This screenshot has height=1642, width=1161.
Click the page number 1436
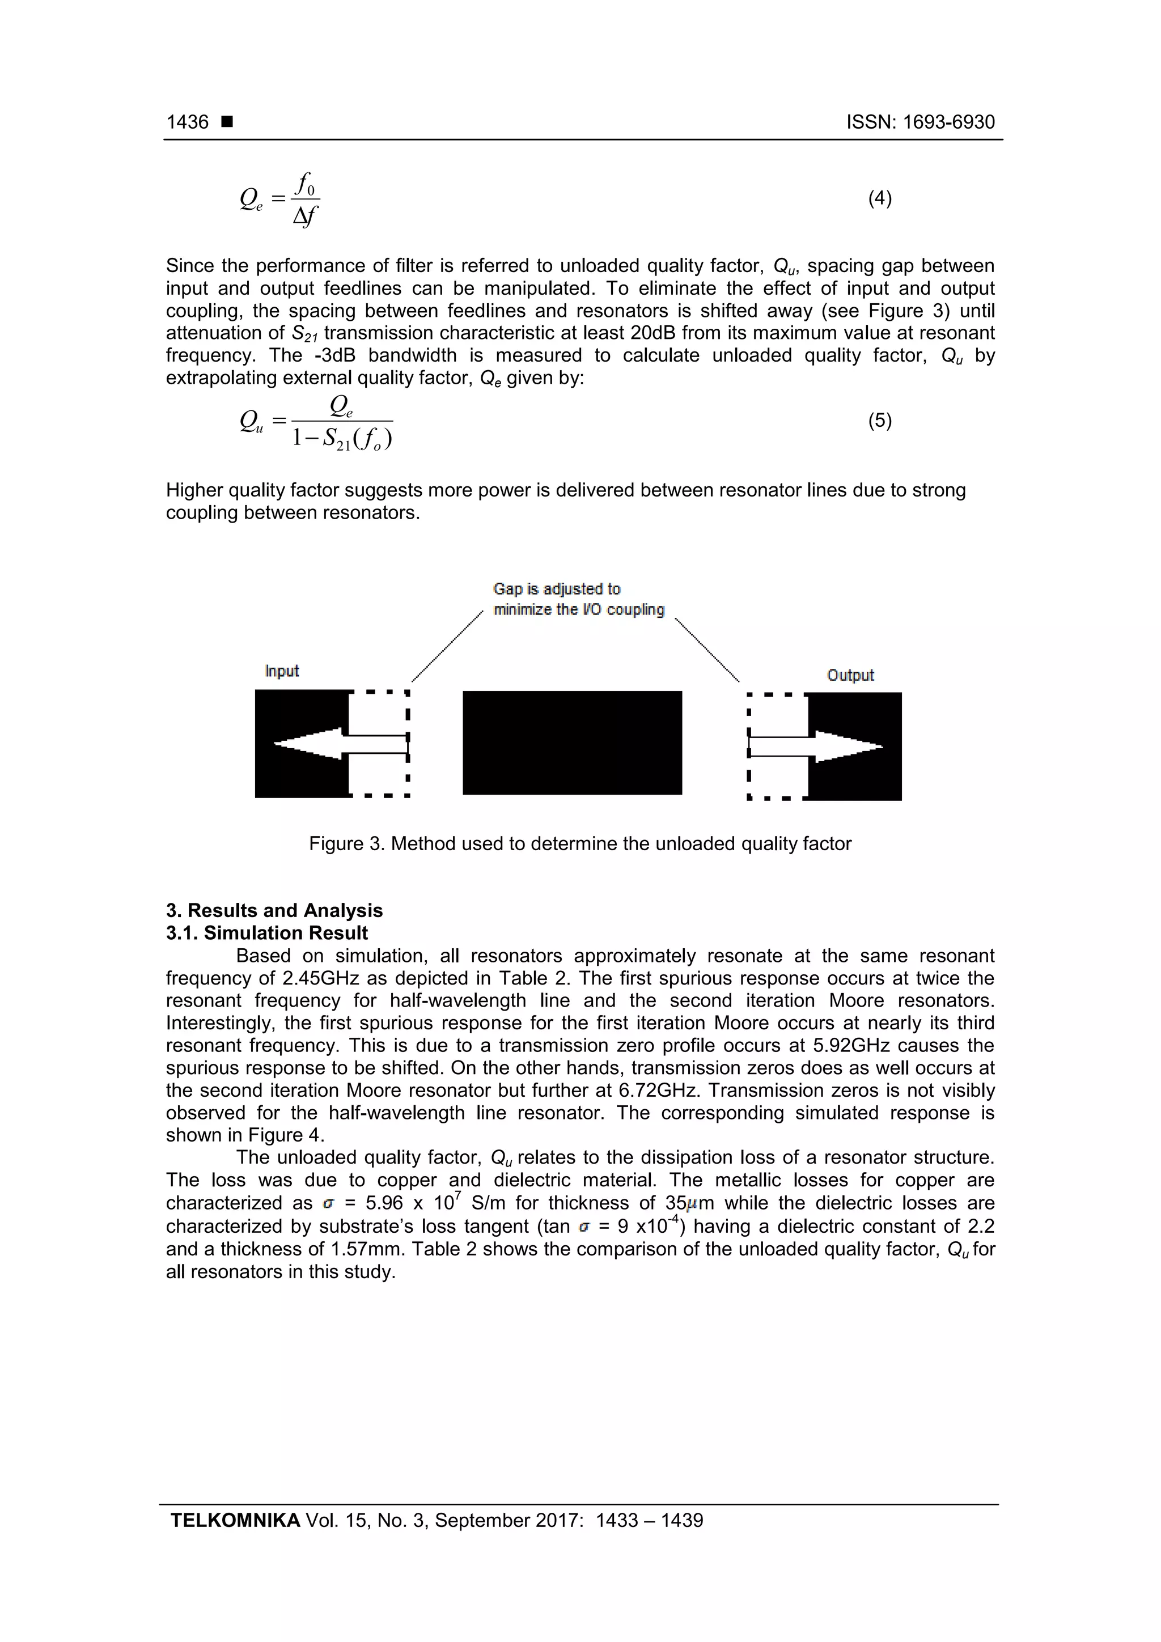[x=188, y=122]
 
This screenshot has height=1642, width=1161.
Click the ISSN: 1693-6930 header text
[x=920, y=122]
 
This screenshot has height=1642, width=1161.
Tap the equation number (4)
[x=879, y=198]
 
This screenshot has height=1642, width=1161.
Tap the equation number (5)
[x=879, y=421]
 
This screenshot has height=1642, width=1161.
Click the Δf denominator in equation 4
[x=306, y=215]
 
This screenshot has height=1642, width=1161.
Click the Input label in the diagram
[x=282, y=671]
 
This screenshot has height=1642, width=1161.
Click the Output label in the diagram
[x=850, y=675]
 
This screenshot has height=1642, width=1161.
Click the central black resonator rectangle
[x=572, y=742]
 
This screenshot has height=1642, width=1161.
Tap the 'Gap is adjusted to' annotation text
[x=557, y=589]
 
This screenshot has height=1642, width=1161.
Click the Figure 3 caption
[x=580, y=844]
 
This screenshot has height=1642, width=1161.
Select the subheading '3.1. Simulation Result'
[x=267, y=932]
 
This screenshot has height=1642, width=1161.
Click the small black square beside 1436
[x=227, y=122]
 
